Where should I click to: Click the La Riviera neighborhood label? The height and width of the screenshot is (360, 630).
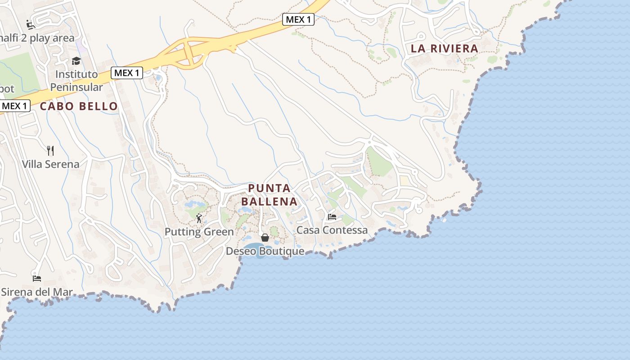pyautogui.click(x=444, y=49)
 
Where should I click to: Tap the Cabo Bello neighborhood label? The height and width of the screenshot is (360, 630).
pyautogui.click(x=79, y=106)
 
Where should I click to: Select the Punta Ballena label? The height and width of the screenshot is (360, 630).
pyautogui.click(x=273, y=194)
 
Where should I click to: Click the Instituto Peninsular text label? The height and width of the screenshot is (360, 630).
pyautogui.click(x=76, y=81)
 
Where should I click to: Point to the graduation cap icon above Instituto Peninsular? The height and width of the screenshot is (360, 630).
pyautogui.click(x=76, y=61)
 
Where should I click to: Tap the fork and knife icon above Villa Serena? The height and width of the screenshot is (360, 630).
pyautogui.click(x=50, y=150)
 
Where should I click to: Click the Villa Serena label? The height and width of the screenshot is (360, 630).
pyautogui.click(x=50, y=164)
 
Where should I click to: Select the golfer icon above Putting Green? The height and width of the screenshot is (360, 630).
pyautogui.click(x=199, y=218)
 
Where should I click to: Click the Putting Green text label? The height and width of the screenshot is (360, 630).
pyautogui.click(x=199, y=232)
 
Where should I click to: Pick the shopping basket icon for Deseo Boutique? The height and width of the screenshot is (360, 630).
pyautogui.click(x=265, y=237)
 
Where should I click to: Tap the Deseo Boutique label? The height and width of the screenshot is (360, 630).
pyautogui.click(x=265, y=251)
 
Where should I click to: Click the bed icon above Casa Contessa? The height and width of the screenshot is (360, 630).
pyautogui.click(x=332, y=216)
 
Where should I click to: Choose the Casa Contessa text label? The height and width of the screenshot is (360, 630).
pyautogui.click(x=332, y=230)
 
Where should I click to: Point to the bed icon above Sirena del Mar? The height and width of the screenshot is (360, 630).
pyautogui.click(x=37, y=278)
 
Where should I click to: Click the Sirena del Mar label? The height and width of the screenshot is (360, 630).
pyautogui.click(x=37, y=292)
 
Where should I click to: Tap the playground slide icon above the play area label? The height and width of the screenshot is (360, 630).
pyautogui.click(x=31, y=24)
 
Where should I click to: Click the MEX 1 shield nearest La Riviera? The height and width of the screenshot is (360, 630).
pyautogui.click(x=298, y=19)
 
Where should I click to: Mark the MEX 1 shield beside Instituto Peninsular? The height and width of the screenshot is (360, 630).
pyautogui.click(x=127, y=72)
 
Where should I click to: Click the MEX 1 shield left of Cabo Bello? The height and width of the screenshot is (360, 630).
pyautogui.click(x=15, y=106)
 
